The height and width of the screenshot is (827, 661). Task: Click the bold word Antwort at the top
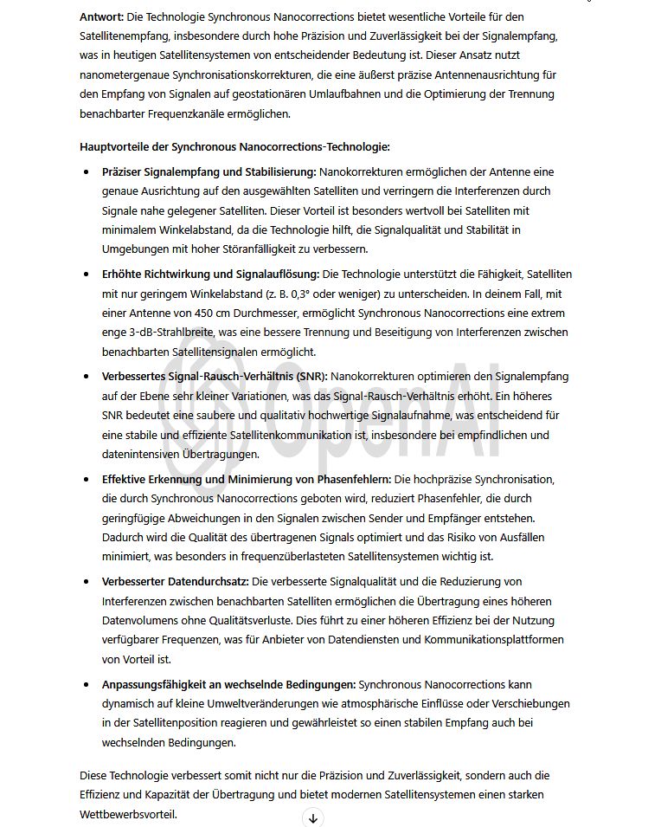click(x=101, y=16)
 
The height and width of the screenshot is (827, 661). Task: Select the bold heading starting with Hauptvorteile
click(x=234, y=146)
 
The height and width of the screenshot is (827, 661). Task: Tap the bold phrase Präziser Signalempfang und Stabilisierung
click(x=209, y=171)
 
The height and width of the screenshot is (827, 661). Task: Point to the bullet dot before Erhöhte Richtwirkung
click(x=87, y=275)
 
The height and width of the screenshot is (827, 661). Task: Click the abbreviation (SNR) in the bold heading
click(x=312, y=377)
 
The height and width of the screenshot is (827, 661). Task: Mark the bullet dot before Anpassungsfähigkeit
click(x=87, y=684)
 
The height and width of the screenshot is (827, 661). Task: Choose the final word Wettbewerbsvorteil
click(x=127, y=814)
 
